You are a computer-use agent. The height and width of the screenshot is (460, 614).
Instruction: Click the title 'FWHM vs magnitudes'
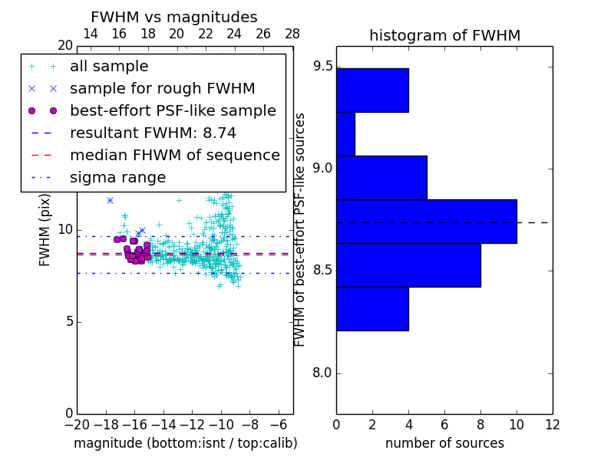click(x=174, y=17)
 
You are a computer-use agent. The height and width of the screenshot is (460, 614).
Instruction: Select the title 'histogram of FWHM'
click(x=444, y=35)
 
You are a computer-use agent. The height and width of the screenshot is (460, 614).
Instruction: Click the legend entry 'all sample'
click(x=109, y=67)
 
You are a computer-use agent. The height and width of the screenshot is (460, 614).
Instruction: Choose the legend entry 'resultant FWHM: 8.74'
click(x=153, y=133)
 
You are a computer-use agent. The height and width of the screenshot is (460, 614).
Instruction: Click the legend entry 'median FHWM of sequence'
click(x=174, y=155)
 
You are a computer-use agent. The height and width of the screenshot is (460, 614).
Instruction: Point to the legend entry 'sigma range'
click(x=117, y=178)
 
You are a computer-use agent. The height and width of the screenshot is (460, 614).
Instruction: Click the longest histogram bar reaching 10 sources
click(x=426, y=222)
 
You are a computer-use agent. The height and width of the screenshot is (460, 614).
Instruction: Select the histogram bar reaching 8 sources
click(x=408, y=265)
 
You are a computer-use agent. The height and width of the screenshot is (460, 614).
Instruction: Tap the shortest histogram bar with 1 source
click(x=345, y=134)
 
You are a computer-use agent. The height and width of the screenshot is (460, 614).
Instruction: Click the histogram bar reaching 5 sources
click(x=381, y=178)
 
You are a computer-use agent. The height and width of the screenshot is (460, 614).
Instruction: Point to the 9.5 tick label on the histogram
click(x=323, y=67)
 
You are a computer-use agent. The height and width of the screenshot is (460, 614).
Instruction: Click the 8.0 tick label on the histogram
click(x=323, y=374)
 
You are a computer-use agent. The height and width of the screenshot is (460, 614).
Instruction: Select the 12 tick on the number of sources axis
click(x=552, y=424)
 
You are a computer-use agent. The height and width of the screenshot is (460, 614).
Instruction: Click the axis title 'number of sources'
click(x=444, y=443)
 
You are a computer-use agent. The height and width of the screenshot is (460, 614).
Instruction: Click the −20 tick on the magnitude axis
click(x=74, y=424)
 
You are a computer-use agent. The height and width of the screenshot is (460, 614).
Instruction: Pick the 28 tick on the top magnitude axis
click(x=292, y=34)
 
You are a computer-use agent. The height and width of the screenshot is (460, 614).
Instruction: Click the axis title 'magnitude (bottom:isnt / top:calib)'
click(x=185, y=443)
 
